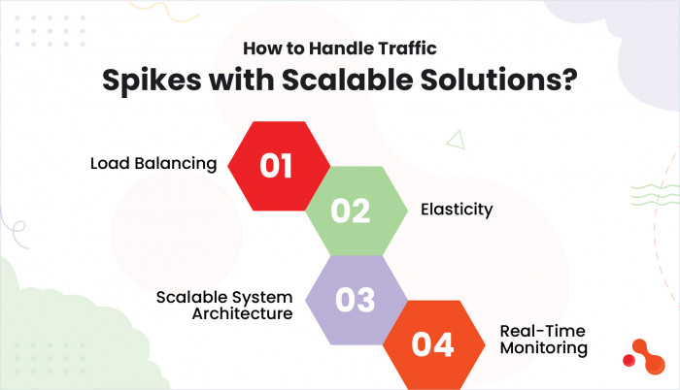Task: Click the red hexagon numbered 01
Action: tap(279, 166)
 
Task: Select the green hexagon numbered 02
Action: tap(357, 211)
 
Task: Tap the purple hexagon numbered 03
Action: tap(357, 300)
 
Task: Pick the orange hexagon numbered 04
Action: tap(433, 345)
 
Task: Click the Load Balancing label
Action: tap(153, 164)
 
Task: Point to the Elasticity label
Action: tap(457, 210)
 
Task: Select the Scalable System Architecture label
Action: tap(224, 305)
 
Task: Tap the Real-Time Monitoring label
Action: tap(544, 340)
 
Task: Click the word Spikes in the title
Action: tap(152, 81)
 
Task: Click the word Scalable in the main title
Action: tap(348, 80)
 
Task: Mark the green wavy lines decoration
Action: tap(656, 195)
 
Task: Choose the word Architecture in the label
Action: tap(243, 313)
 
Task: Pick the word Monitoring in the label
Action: tap(544, 347)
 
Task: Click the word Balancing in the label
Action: tap(176, 164)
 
